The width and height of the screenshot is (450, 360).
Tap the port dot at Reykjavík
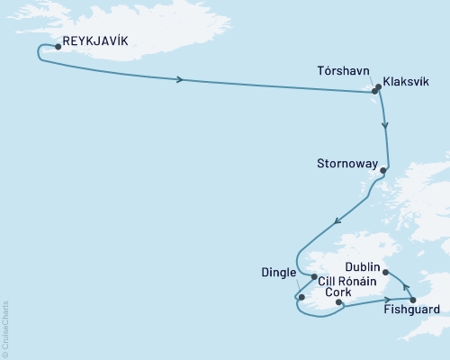pos(58,46)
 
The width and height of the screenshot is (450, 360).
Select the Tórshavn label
pos(341,68)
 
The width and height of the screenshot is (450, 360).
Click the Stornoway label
pos(346,165)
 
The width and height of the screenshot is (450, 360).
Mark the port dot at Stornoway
pos(384,170)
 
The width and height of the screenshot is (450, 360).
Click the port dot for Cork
pos(338,303)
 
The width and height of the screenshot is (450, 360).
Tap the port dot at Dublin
pos(385,271)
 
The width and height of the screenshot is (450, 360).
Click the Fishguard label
pos(411,312)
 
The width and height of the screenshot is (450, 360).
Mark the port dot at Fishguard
pos(412,300)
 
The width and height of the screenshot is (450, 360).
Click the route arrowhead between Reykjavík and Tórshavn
pos(182,80)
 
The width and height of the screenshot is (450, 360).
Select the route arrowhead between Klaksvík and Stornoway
pos(386,126)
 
